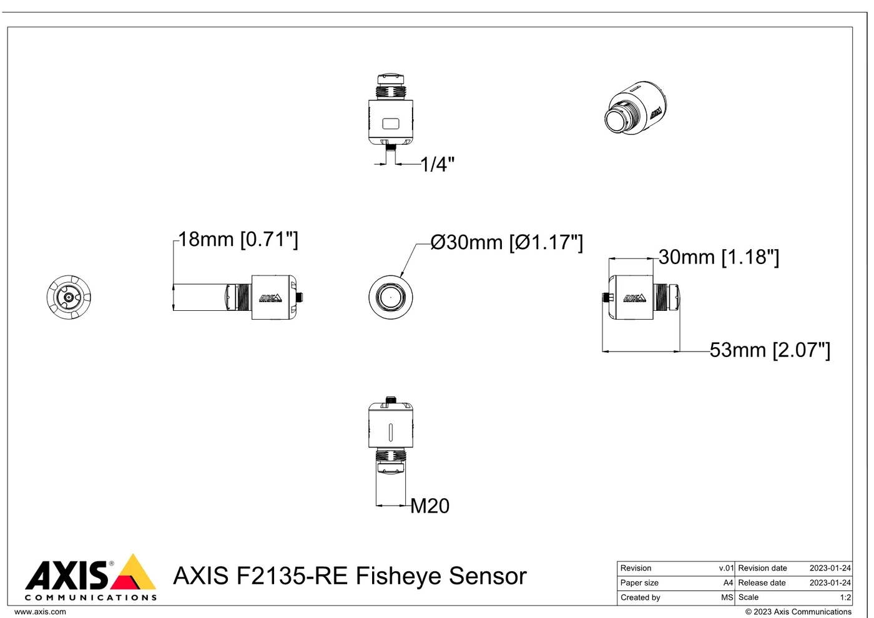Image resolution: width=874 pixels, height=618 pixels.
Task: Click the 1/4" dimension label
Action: (438, 164)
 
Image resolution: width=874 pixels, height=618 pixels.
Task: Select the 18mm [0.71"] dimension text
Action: (238, 239)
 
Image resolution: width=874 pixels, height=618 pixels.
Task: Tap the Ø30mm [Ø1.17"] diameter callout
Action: (507, 242)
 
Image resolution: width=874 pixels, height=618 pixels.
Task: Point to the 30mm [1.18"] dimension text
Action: (719, 257)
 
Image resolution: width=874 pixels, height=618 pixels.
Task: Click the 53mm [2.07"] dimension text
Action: (770, 350)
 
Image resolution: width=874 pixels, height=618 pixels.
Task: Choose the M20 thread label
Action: (430, 506)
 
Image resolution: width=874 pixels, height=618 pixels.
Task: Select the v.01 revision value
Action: (726, 568)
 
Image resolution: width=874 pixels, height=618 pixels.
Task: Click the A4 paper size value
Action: (728, 583)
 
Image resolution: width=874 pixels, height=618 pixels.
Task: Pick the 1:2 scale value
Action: (845, 597)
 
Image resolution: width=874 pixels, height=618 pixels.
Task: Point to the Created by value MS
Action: (727, 597)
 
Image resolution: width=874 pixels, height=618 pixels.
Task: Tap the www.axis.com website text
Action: (40, 612)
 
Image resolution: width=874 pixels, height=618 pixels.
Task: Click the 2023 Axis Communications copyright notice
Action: (798, 612)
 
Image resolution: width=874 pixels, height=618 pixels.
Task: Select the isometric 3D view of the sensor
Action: (636, 108)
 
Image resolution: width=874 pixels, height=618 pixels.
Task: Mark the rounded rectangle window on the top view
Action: (391, 124)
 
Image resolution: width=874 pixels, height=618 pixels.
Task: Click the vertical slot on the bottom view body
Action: (391, 432)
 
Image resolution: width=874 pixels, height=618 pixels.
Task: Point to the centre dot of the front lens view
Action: (391, 297)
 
